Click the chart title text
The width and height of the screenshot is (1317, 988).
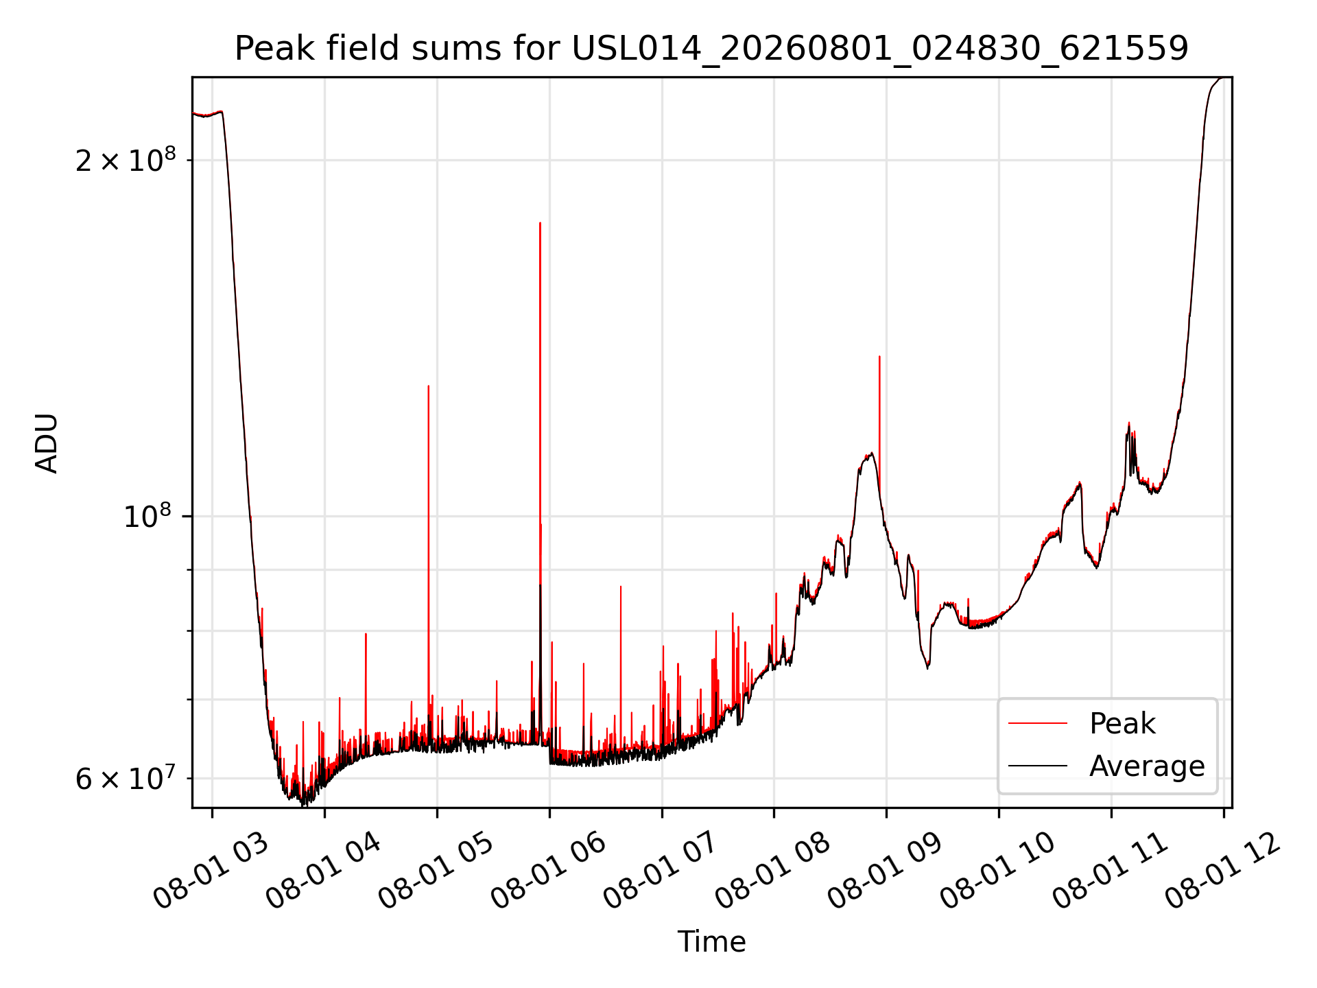(x=711, y=49)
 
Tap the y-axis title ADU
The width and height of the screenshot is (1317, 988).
(x=47, y=443)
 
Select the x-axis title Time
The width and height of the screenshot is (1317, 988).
(x=711, y=941)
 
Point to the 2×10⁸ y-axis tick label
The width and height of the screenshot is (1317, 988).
(x=126, y=160)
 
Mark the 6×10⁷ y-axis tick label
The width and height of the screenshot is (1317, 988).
(x=126, y=778)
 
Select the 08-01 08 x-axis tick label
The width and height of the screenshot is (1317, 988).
(x=773, y=870)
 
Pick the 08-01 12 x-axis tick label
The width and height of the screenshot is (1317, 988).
(x=1223, y=870)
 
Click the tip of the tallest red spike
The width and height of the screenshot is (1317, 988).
(x=541, y=222)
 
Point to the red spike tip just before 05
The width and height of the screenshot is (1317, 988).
(x=429, y=386)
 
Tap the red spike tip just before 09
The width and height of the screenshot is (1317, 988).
(x=879, y=356)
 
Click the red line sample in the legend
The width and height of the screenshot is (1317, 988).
(x=1038, y=723)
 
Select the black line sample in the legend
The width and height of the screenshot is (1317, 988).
(x=1038, y=765)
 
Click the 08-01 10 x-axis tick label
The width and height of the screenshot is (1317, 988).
(x=998, y=870)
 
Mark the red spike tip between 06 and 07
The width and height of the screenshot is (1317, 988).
(x=621, y=586)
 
